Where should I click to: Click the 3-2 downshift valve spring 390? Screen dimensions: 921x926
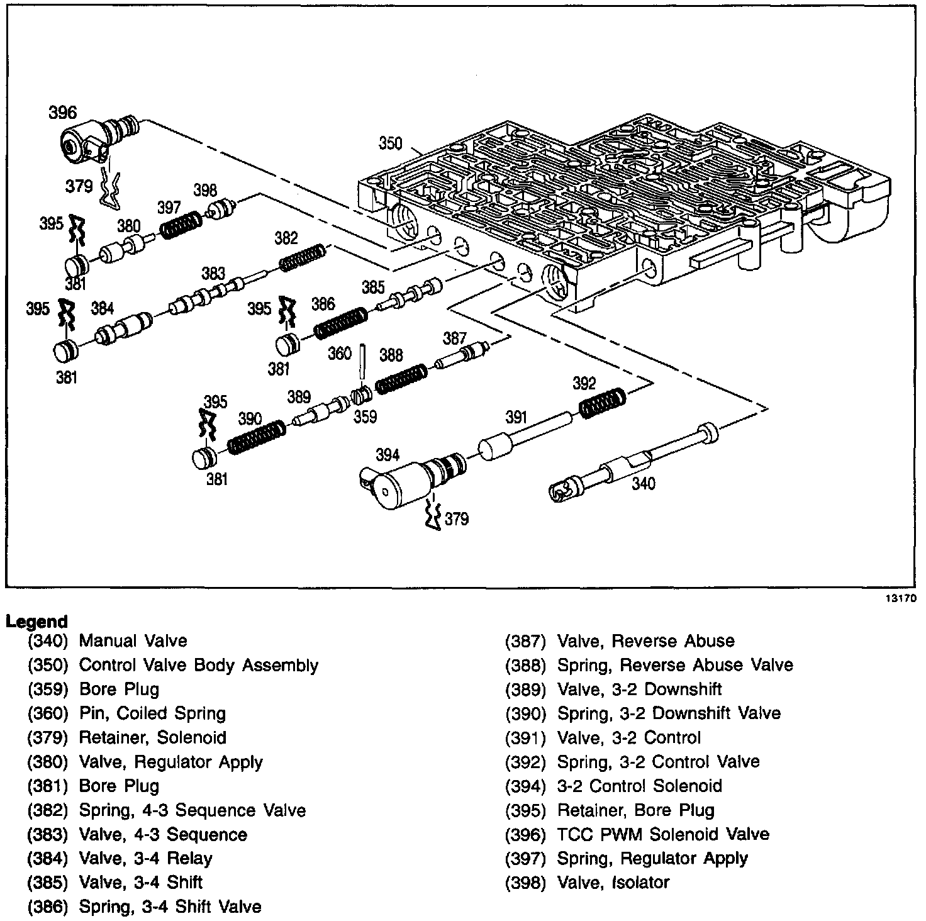[x=255, y=437]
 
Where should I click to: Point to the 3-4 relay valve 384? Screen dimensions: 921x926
[x=123, y=329]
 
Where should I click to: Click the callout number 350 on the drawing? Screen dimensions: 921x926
[x=390, y=143]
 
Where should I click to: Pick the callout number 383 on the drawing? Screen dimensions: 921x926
[x=213, y=273]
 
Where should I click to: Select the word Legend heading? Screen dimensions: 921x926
[x=36, y=622]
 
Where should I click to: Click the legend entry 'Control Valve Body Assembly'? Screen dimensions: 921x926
[x=198, y=665]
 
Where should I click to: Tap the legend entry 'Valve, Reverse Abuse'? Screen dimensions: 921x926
[x=645, y=641]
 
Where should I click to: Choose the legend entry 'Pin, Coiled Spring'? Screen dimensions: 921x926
[x=152, y=713]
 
